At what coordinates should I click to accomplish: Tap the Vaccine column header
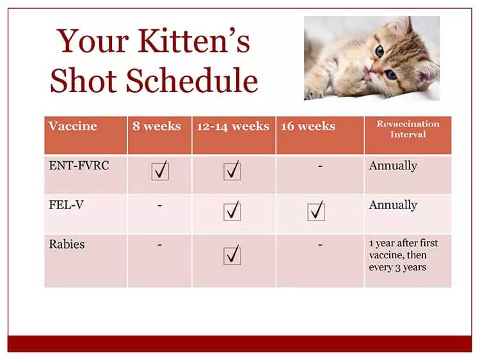pyautogui.click(x=72, y=126)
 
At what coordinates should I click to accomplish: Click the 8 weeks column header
pyautogui.click(x=157, y=126)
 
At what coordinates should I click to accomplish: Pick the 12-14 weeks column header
pyautogui.click(x=233, y=126)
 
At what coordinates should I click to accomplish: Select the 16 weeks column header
pyautogui.click(x=308, y=126)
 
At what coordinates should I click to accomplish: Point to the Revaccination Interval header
pyautogui.click(x=408, y=129)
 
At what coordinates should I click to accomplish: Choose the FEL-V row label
pyautogui.click(x=66, y=205)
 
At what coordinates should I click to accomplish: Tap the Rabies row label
pyautogui.click(x=67, y=244)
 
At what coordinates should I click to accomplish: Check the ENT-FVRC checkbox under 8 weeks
pyautogui.click(x=160, y=171)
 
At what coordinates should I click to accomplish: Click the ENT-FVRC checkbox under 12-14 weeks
pyautogui.click(x=232, y=171)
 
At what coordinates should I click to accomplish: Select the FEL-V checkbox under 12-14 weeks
pyautogui.click(x=232, y=211)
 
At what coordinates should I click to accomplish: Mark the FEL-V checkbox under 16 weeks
pyautogui.click(x=316, y=211)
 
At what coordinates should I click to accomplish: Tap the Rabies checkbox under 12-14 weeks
pyautogui.click(x=232, y=255)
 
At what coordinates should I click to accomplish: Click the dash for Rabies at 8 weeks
pyautogui.click(x=159, y=244)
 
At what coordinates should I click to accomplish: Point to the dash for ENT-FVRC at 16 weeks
pyautogui.click(x=320, y=166)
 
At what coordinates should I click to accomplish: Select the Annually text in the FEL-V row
pyautogui.click(x=393, y=205)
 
